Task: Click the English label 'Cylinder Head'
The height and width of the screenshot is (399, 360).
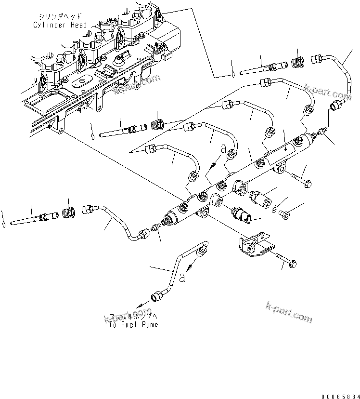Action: (60, 25)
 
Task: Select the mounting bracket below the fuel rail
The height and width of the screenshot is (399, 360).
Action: (252, 244)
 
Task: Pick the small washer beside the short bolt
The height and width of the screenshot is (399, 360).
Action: (274, 210)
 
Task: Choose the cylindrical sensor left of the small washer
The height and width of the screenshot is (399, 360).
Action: (260, 198)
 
